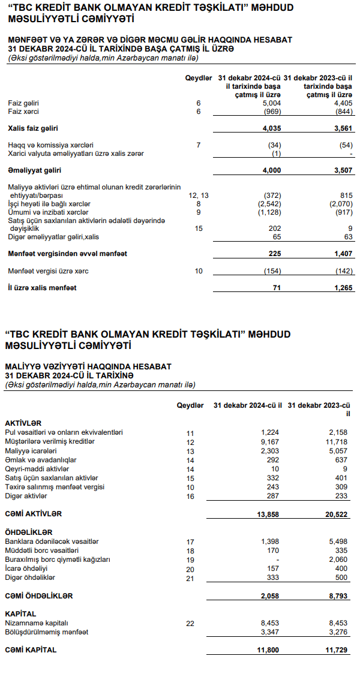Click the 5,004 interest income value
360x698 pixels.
[272, 103]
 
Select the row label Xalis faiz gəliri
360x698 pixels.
[33, 128]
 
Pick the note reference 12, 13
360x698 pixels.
[198, 195]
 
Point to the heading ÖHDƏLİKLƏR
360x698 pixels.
[28, 532]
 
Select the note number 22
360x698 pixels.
[190, 624]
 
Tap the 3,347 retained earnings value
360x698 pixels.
[271, 632]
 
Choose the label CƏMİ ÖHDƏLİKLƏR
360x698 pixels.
[39, 596]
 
